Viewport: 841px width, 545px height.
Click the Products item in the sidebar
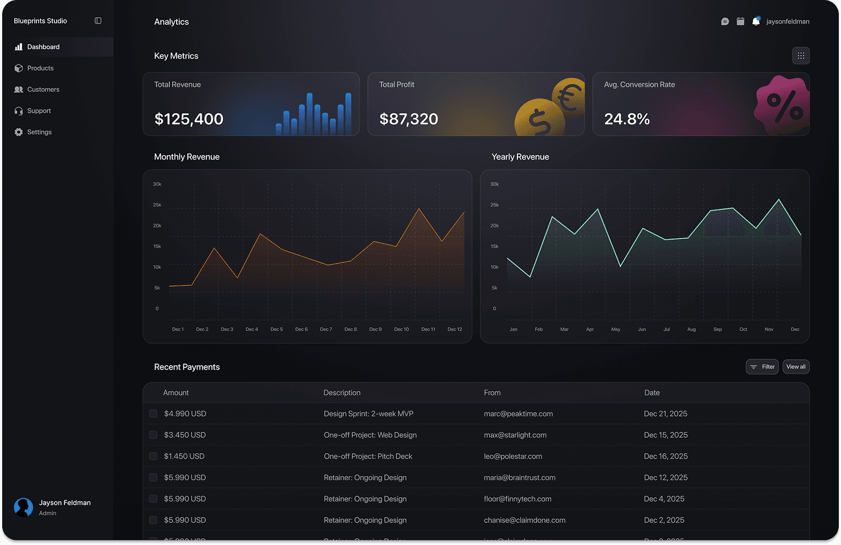tap(40, 68)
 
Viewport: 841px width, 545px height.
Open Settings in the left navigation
tap(39, 132)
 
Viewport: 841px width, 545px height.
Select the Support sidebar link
tap(39, 111)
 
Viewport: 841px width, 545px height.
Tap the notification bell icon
tap(756, 21)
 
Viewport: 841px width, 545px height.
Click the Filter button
tap(762, 367)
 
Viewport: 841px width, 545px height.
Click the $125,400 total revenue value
tap(189, 119)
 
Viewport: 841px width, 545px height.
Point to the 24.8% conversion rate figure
tap(627, 119)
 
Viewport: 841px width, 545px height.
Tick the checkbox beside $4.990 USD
tap(153, 414)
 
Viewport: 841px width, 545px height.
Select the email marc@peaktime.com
tap(518, 414)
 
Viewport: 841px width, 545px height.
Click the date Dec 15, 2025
tap(665, 435)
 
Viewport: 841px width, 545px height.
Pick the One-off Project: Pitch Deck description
tap(368, 456)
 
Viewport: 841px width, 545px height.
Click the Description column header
tap(342, 393)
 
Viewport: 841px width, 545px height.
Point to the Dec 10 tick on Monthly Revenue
tap(401, 329)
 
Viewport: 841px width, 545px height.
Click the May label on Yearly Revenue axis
tap(615, 329)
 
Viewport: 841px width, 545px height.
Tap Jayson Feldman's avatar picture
tap(24, 507)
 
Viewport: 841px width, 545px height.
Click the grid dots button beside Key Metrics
tap(801, 56)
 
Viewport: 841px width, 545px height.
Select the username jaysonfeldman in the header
tap(788, 21)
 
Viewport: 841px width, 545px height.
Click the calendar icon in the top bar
tap(740, 21)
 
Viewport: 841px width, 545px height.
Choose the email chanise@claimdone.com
tap(525, 520)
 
